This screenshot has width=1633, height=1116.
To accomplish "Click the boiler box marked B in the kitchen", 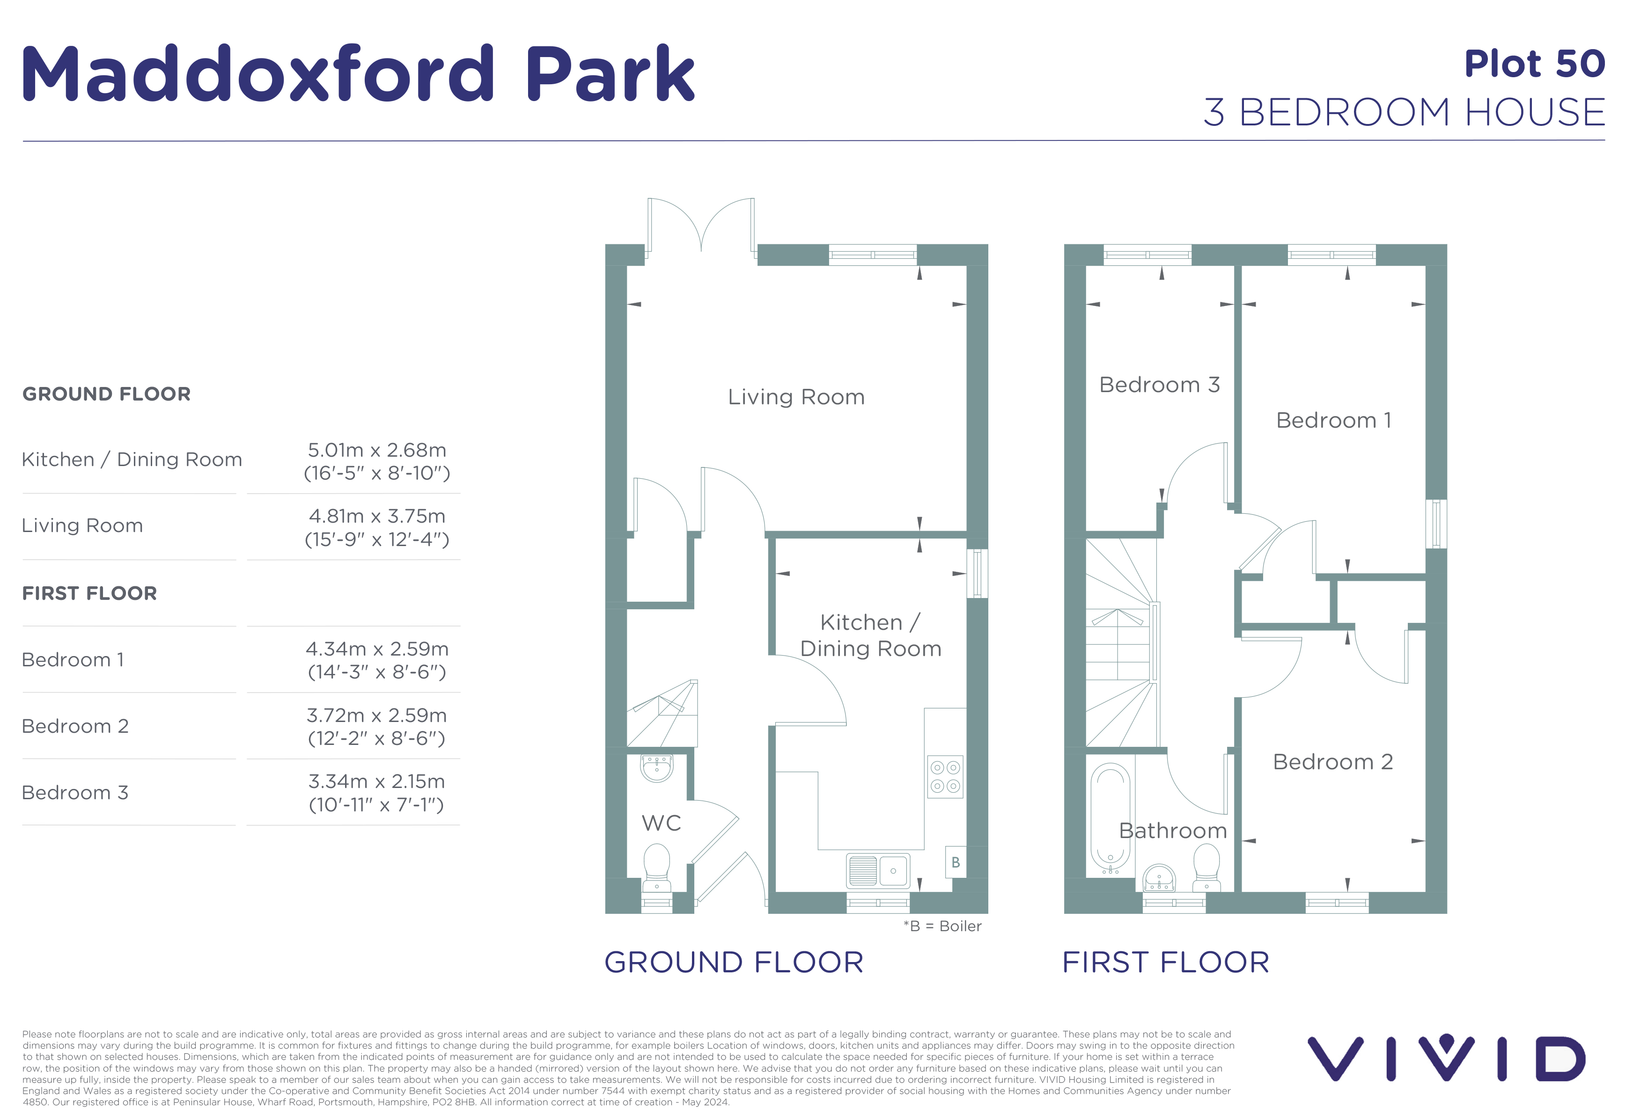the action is click(955, 862).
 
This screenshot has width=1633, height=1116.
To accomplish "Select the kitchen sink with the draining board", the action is click(878, 871).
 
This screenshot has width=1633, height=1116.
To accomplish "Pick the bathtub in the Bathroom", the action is click(1110, 818).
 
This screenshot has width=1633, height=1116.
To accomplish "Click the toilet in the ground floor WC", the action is click(657, 868).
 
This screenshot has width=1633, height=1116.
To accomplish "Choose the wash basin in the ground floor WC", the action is click(657, 768).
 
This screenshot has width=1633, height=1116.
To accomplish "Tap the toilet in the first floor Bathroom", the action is click(1206, 868).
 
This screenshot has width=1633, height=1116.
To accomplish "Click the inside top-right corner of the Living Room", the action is click(967, 265).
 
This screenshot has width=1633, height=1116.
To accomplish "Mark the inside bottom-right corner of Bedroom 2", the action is click(1426, 892).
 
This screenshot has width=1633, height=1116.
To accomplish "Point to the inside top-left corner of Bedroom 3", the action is click(1086, 265).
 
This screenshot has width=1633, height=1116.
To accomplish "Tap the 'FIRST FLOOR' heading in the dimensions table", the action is click(90, 593).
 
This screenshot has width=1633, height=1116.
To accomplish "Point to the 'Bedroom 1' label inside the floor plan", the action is click(1334, 420).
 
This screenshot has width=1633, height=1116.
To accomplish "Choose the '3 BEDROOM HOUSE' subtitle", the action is click(1405, 112).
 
